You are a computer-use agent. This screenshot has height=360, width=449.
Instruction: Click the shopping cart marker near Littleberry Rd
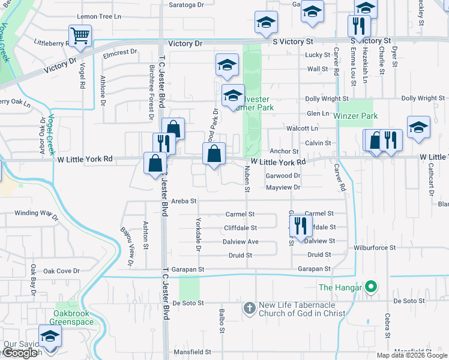(80, 35)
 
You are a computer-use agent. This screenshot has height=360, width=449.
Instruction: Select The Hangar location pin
(371, 288)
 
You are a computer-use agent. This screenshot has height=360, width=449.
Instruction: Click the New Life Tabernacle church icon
(250, 308)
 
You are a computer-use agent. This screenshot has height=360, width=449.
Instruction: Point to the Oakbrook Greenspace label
(74, 317)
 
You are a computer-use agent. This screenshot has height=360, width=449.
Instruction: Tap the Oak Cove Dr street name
(60, 271)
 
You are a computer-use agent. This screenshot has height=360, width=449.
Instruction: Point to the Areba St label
(184, 201)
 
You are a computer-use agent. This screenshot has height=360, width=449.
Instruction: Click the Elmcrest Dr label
(120, 53)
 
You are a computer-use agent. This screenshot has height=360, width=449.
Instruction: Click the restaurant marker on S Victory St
(359, 26)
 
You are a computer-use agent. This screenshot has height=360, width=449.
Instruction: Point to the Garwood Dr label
(285, 176)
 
